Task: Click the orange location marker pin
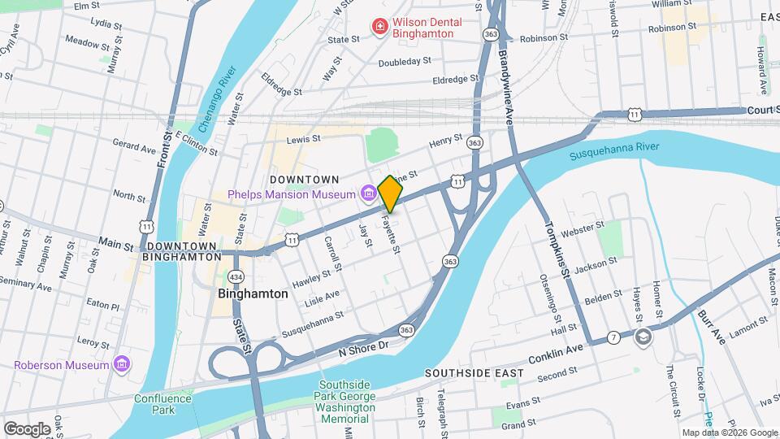click(391, 193)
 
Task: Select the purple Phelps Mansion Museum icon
click(368, 193)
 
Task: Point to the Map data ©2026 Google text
click(729, 432)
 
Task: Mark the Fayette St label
click(392, 234)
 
